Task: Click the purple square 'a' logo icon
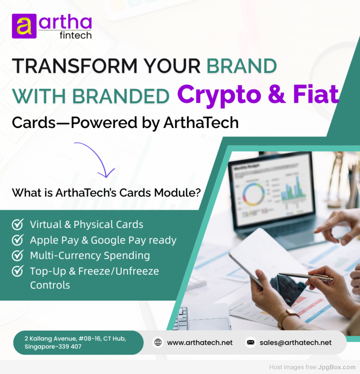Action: tap(24, 26)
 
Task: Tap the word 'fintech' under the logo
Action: tap(75, 35)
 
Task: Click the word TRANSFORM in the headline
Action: tap(75, 66)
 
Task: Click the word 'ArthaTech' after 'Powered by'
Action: tap(201, 123)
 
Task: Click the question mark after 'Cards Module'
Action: tap(197, 193)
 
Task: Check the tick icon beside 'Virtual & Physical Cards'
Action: tap(18, 224)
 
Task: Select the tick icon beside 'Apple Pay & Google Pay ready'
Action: tap(18, 239)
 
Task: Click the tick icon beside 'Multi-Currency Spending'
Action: tap(18, 255)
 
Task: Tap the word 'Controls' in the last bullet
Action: tap(50, 285)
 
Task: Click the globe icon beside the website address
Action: tap(158, 343)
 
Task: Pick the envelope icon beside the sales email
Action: tap(250, 343)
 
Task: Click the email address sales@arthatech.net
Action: tap(296, 343)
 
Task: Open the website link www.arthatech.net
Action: tap(200, 343)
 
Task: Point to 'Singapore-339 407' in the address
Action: tap(53, 346)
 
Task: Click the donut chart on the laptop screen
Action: tap(254, 194)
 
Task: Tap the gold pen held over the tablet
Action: tap(306, 276)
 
